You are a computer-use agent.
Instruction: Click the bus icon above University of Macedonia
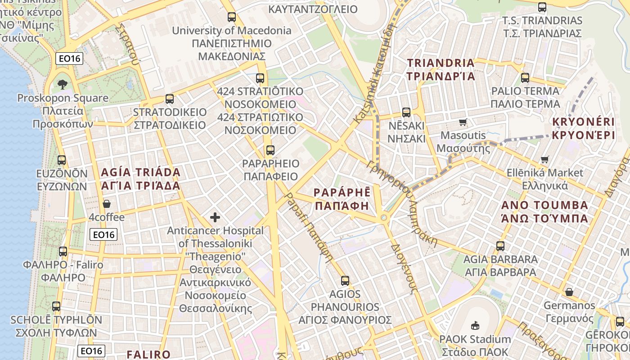point(232,17)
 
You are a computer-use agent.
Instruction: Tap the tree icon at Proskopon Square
point(63,84)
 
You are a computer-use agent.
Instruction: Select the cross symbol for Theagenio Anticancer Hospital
point(215,218)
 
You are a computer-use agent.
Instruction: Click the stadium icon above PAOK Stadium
point(475,325)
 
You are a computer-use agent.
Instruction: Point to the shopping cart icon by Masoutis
point(463,122)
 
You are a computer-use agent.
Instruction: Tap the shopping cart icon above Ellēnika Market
point(544,159)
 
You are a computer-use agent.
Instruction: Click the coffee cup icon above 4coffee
point(107,204)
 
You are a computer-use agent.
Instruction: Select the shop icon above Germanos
point(569,292)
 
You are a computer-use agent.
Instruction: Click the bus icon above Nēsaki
point(406,112)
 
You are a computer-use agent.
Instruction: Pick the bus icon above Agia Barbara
point(500,246)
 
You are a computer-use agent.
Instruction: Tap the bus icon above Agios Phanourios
point(345,281)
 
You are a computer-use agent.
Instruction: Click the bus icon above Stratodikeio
point(170,99)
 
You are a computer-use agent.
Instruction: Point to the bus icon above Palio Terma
point(525,77)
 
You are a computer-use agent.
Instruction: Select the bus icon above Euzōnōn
point(62,160)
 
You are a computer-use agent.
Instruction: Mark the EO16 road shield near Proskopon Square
point(69,58)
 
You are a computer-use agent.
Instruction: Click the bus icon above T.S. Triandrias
point(542,7)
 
